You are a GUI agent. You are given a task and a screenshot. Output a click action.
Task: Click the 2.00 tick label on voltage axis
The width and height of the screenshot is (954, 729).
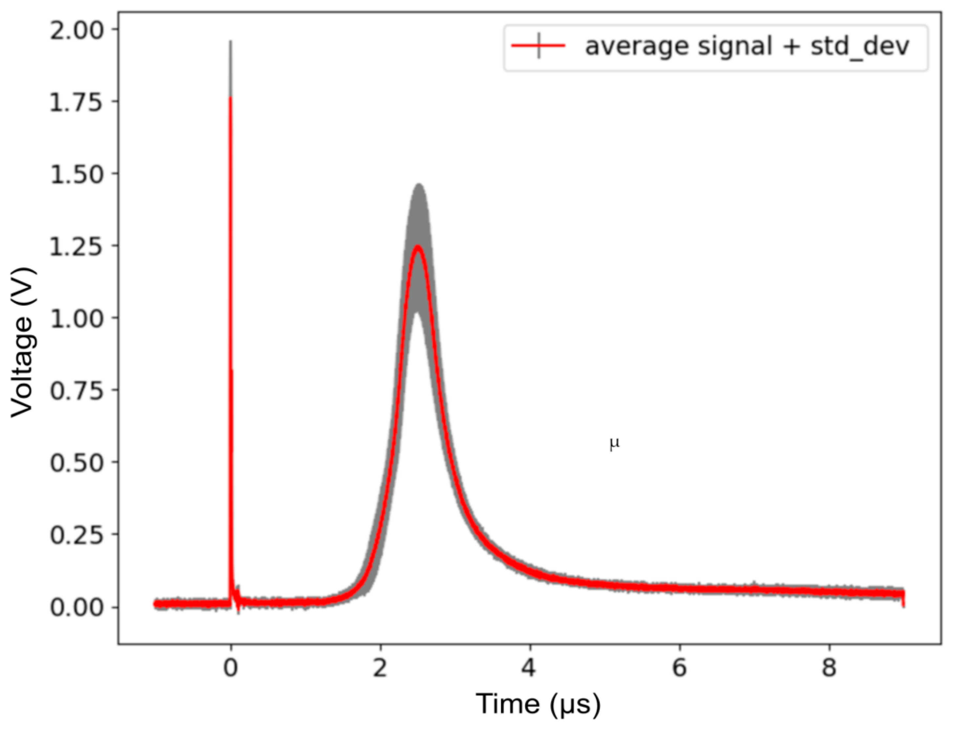click(x=77, y=31)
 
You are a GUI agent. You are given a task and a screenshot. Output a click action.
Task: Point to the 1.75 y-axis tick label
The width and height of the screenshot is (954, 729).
click(x=77, y=103)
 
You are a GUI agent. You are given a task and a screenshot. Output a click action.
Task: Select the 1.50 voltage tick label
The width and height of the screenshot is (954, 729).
click(x=77, y=175)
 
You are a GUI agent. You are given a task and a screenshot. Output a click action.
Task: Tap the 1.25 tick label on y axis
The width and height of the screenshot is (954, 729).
click(x=77, y=247)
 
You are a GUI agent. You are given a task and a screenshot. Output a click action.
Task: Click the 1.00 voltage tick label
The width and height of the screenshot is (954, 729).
click(x=77, y=319)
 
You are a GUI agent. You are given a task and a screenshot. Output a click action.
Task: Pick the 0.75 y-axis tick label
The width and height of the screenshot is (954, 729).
click(x=77, y=391)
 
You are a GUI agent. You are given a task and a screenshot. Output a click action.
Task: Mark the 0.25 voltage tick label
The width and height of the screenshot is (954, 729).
click(x=77, y=535)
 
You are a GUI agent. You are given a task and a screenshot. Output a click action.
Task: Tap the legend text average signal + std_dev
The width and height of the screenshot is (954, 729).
click(x=747, y=47)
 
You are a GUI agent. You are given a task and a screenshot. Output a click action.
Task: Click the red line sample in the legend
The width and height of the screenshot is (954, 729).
click(x=538, y=46)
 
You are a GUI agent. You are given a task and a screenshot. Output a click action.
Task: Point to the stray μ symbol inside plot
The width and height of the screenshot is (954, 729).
click(x=614, y=444)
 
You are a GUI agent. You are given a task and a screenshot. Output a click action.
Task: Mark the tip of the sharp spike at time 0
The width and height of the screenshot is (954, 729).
click(x=230, y=42)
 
